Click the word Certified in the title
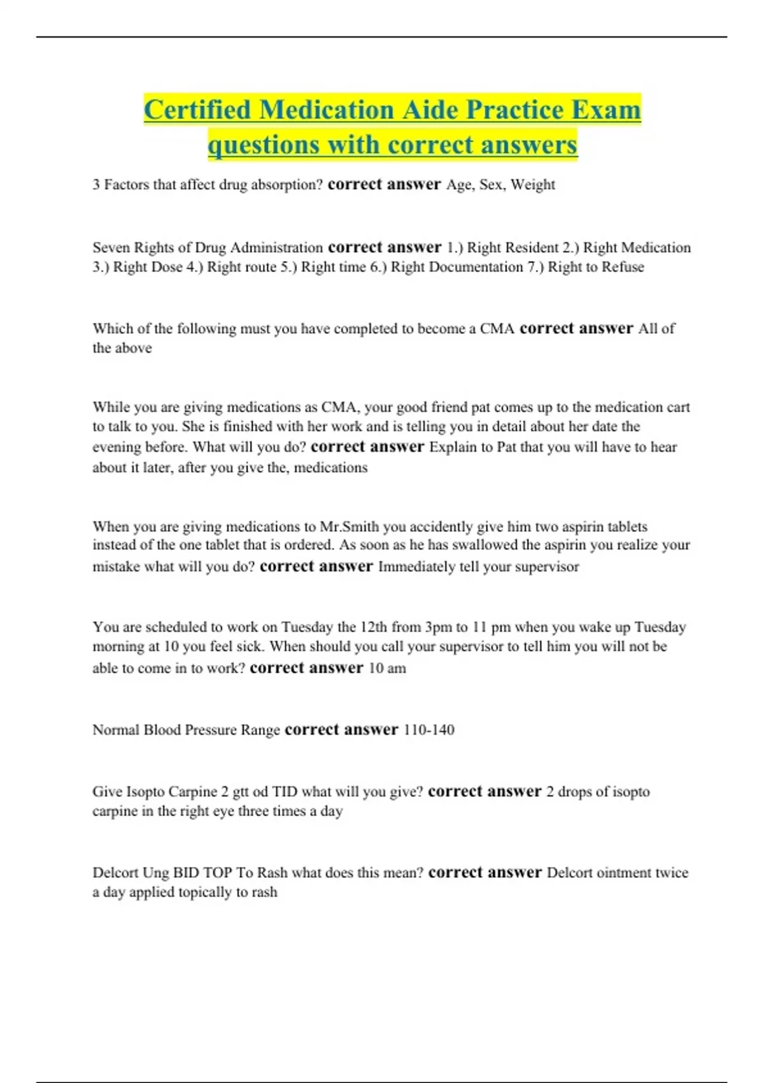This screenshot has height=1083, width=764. (197, 110)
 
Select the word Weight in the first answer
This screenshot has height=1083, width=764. (533, 185)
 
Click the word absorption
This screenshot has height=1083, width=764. (287, 185)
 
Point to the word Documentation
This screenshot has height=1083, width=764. (476, 267)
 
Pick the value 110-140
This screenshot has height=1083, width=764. (429, 730)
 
